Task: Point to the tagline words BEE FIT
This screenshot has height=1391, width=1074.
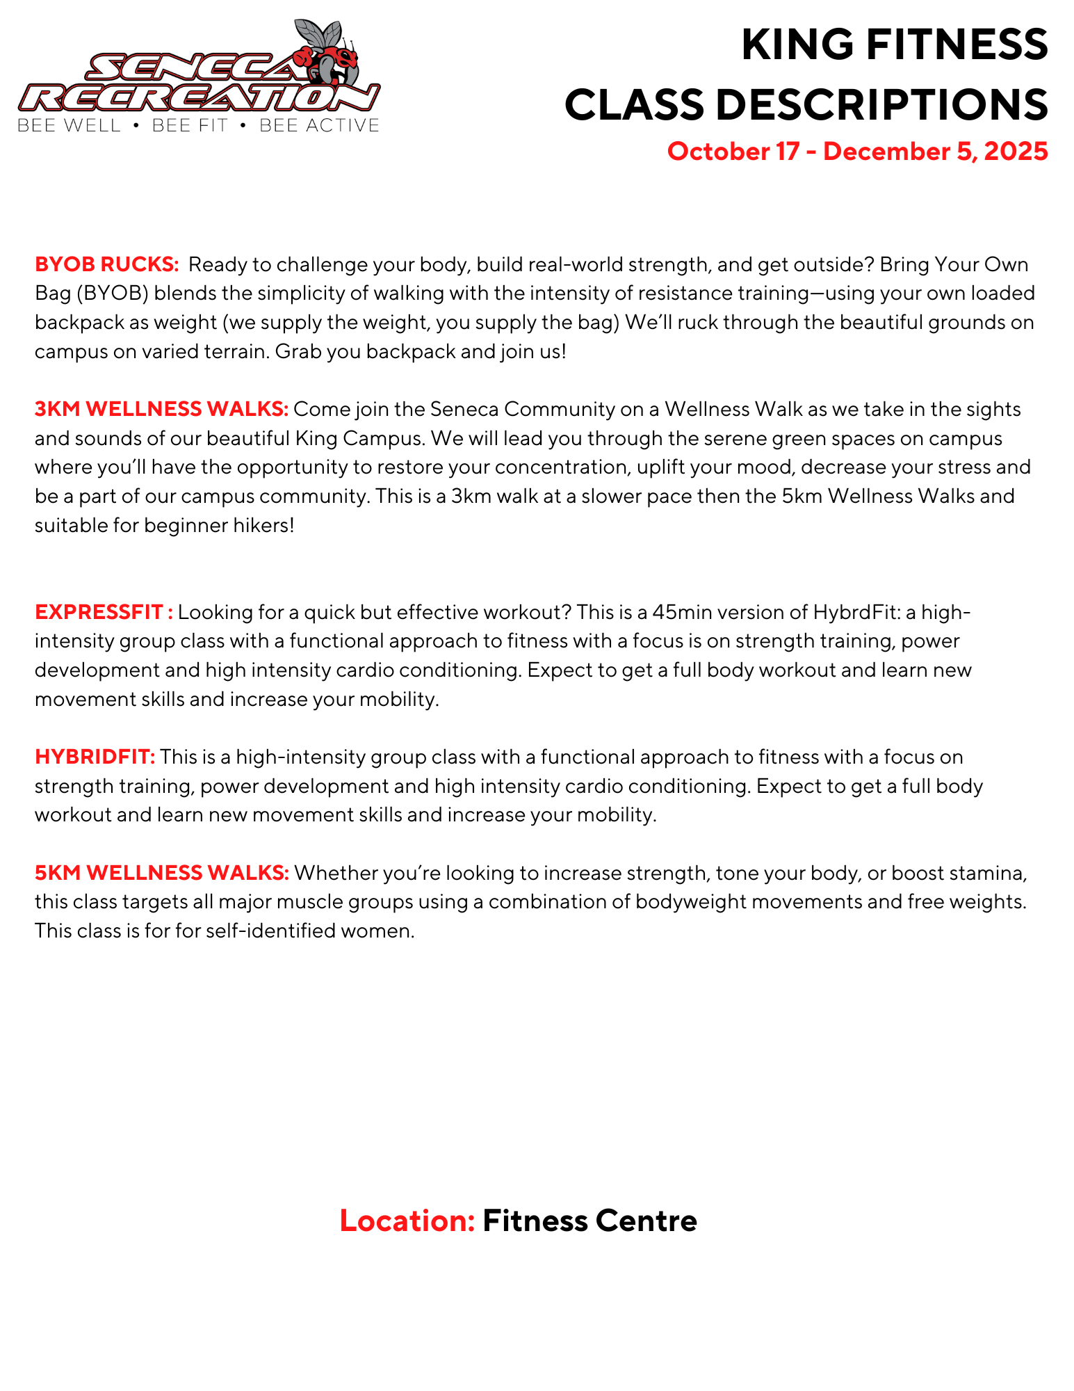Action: [x=190, y=126]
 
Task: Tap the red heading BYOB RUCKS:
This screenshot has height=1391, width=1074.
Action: [x=107, y=265]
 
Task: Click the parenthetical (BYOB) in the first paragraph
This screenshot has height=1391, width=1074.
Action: [x=112, y=294]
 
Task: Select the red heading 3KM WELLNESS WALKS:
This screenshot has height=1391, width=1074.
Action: [x=161, y=410]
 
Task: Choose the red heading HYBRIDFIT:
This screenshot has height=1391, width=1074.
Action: [x=95, y=757]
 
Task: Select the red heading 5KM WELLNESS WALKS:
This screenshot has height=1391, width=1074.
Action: [x=161, y=873]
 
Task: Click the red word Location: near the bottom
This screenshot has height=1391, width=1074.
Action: [x=407, y=1221]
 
